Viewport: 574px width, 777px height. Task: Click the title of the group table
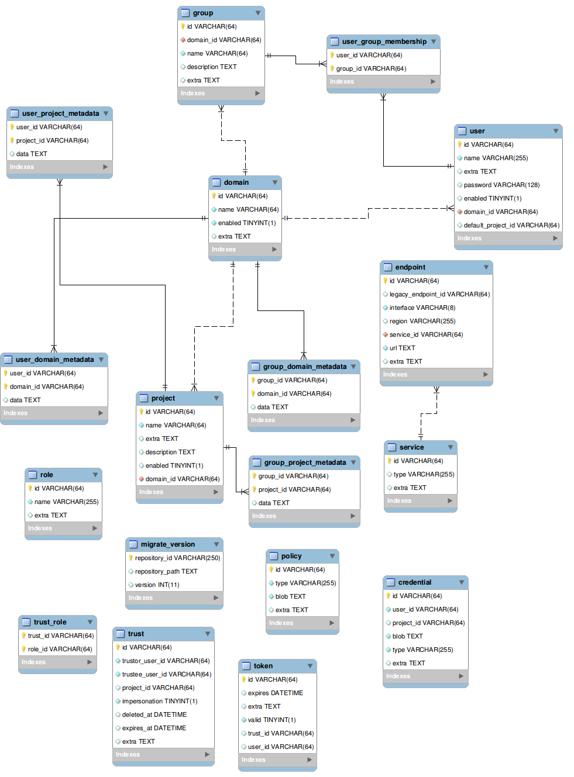click(203, 13)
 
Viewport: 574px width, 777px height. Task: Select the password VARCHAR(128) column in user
click(501, 185)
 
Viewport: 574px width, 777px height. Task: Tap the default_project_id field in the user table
click(511, 225)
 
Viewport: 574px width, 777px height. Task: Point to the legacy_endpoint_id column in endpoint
click(439, 294)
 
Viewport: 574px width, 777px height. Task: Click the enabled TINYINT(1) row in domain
click(246, 223)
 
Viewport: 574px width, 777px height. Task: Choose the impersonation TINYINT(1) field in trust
click(159, 701)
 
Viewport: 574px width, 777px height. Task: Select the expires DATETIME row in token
click(275, 693)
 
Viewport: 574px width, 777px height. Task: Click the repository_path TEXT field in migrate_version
click(166, 571)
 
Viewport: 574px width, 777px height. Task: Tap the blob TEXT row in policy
click(290, 596)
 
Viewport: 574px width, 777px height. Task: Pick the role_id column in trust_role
click(60, 649)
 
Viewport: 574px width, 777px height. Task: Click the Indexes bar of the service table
click(420, 500)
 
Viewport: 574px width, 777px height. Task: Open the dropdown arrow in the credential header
click(462, 582)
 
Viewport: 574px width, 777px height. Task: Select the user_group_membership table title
click(384, 42)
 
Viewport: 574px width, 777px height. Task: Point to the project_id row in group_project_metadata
click(294, 489)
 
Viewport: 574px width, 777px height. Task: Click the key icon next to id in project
click(141, 412)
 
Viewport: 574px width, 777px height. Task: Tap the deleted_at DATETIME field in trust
click(154, 714)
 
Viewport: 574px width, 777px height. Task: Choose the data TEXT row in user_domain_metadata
click(25, 400)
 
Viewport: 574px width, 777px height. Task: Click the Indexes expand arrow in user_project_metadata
click(105, 167)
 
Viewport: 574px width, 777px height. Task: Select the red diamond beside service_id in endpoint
click(386, 334)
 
